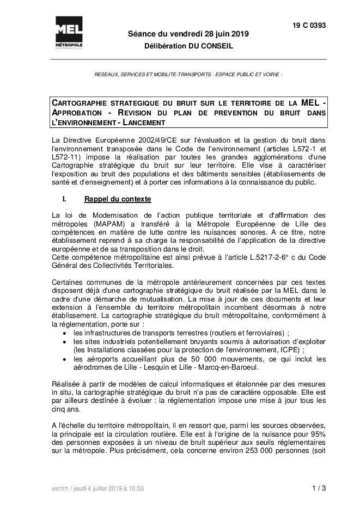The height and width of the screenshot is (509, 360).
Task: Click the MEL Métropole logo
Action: coord(69,32)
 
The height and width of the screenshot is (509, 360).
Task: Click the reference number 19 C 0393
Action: coord(309,25)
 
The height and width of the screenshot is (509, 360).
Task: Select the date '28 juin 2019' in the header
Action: coord(224,34)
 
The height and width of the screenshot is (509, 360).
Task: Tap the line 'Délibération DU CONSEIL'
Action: coord(188,46)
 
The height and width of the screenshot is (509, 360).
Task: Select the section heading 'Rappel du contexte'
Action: coord(118,199)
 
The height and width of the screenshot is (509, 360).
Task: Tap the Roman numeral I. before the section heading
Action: coord(64,199)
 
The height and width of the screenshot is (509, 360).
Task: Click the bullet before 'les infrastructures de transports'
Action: coord(65,332)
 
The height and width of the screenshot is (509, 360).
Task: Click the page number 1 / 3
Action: coord(319,488)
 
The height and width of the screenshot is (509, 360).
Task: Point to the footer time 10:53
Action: coord(136,489)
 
